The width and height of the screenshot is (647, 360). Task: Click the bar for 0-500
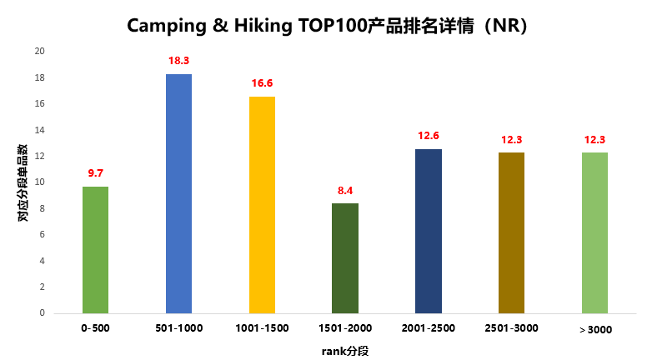[95, 250]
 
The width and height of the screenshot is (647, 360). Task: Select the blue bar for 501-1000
[178, 193]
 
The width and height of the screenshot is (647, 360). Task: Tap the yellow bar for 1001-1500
[262, 205]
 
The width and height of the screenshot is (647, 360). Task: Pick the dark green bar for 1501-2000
[345, 258]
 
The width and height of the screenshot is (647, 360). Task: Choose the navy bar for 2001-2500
[429, 231]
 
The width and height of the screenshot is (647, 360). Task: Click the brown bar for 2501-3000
[512, 232]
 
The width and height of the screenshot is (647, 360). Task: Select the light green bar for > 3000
[595, 232]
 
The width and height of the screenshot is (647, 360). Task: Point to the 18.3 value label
[178, 61]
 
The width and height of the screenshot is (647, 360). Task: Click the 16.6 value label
[262, 83]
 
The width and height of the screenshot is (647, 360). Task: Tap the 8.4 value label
[345, 191]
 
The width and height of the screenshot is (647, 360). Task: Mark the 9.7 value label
[95, 173]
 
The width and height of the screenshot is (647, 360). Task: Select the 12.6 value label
[429, 136]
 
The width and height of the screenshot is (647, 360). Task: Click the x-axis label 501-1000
[178, 328]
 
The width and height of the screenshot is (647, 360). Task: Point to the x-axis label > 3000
[595, 329]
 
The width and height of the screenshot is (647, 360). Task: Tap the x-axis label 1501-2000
[345, 328]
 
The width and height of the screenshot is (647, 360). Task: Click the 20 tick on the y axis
[39, 52]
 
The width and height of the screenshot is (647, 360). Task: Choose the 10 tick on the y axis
[39, 182]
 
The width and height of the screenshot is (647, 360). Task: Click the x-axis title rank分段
[345, 351]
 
